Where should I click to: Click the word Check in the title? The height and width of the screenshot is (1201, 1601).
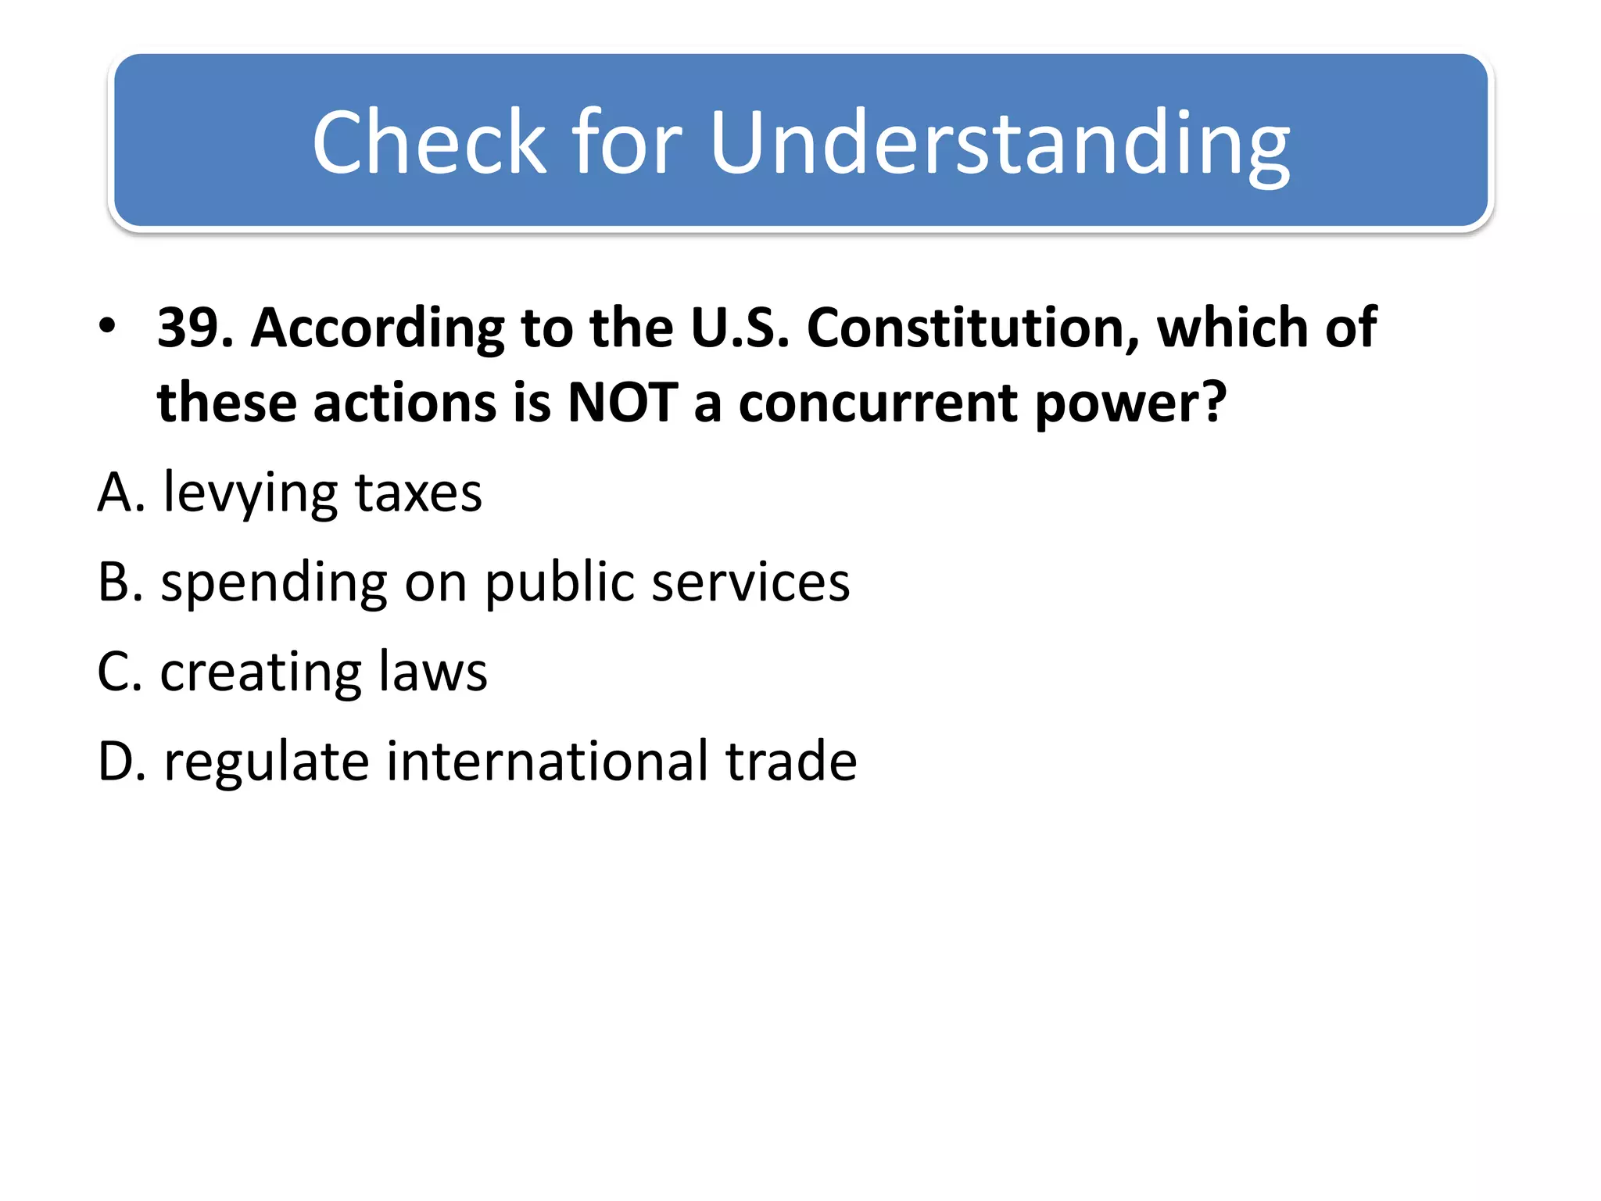pos(429,142)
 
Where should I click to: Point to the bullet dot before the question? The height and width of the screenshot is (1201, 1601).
pos(107,324)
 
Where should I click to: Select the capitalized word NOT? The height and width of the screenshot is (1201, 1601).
pos(622,403)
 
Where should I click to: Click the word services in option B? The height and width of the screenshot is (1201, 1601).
pos(750,583)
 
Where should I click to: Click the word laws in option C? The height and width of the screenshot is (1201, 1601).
pos(432,672)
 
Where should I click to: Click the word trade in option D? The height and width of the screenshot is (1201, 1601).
pos(790,761)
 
